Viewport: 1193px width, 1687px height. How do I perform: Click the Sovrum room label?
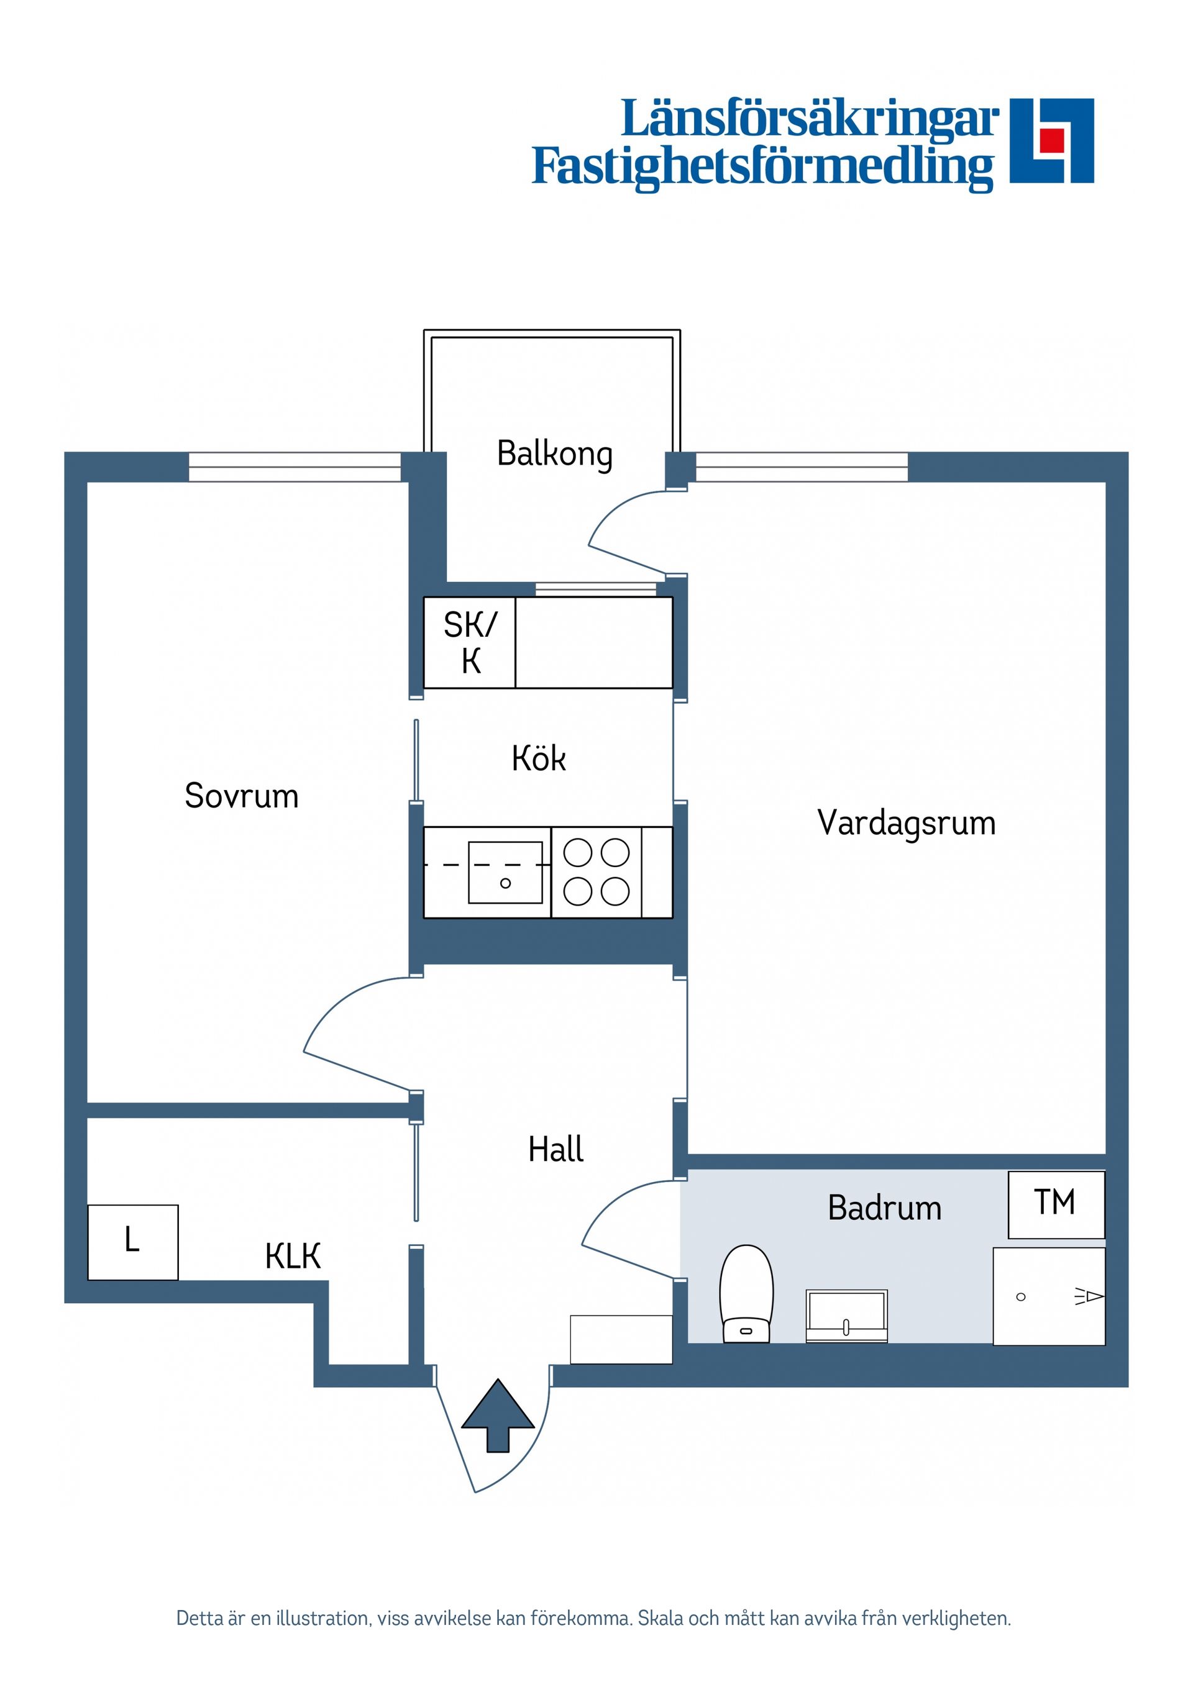point(241,796)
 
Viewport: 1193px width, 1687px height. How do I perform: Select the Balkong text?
point(554,453)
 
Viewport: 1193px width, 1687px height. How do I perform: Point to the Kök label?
point(539,758)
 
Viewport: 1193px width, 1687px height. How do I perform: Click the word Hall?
point(555,1148)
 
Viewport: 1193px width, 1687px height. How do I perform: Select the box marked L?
point(132,1242)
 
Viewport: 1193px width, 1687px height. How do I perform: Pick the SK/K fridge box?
point(469,642)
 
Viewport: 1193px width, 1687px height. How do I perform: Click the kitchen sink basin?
point(505,872)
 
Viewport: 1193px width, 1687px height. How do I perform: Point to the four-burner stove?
point(596,872)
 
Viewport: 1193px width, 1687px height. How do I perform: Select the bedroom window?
point(294,467)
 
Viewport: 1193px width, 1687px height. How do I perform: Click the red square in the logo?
point(1052,139)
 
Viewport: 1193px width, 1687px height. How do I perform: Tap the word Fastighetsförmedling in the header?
point(762,168)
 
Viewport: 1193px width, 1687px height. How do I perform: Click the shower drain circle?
point(1020,1297)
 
